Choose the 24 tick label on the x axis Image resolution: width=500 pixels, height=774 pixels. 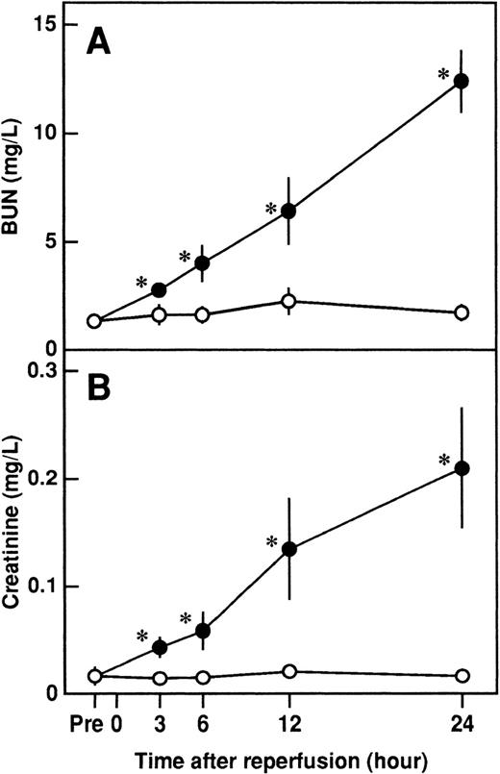[x=462, y=721]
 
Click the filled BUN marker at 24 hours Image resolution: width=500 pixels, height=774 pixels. [x=462, y=81]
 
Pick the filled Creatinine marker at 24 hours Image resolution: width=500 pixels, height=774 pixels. [x=462, y=468]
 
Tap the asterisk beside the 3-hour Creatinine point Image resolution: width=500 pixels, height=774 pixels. [x=141, y=637]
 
